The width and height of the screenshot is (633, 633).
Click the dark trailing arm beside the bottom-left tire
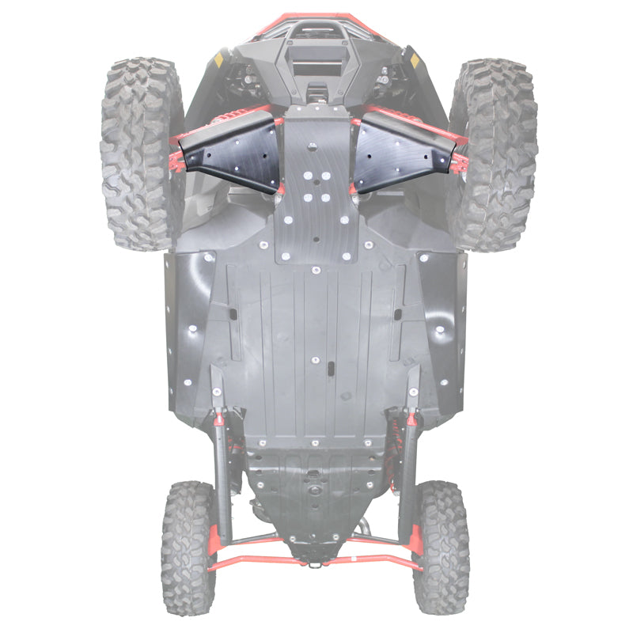pyautogui.click(x=222, y=483)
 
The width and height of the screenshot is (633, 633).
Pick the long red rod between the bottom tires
pyautogui.click(x=316, y=563)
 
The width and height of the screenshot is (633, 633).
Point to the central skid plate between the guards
pyautogui.click(x=316, y=190)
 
